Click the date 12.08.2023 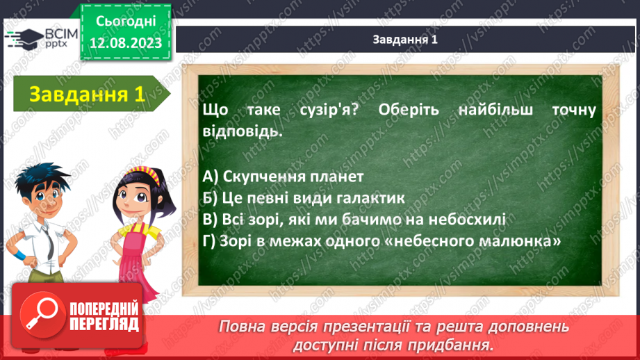[x=126, y=43]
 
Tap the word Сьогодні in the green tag [x=126, y=22]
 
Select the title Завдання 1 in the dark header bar [x=405, y=39]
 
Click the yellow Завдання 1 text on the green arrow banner [x=87, y=95]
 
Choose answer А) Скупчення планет [x=283, y=177]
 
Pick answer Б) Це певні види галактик [x=304, y=198]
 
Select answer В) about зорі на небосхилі [x=354, y=220]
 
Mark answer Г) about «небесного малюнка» [x=381, y=241]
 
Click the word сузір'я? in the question [x=329, y=110]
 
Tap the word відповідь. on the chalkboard [x=243, y=132]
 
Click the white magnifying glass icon [x=42, y=314]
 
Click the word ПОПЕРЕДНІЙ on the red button [x=104, y=309]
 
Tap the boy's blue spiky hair [x=41, y=177]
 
